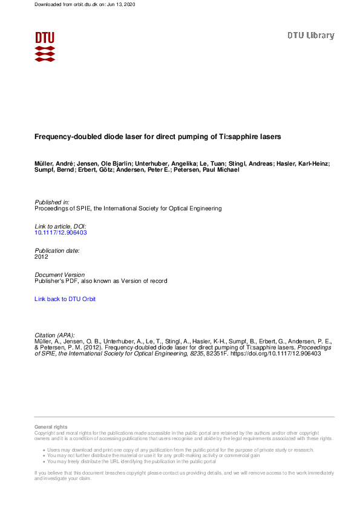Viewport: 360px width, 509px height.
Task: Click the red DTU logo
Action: (45, 46)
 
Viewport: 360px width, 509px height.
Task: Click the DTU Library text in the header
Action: (310, 36)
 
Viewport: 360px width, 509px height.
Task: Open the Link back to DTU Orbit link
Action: (65, 299)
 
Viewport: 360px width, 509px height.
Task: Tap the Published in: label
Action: (52, 202)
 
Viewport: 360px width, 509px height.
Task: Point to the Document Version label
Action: (60, 274)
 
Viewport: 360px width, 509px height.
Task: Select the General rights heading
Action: (51, 427)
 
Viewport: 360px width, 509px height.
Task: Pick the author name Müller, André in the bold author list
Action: (56, 164)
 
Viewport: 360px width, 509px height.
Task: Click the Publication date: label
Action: (57, 250)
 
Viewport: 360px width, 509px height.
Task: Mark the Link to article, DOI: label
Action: (61, 226)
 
